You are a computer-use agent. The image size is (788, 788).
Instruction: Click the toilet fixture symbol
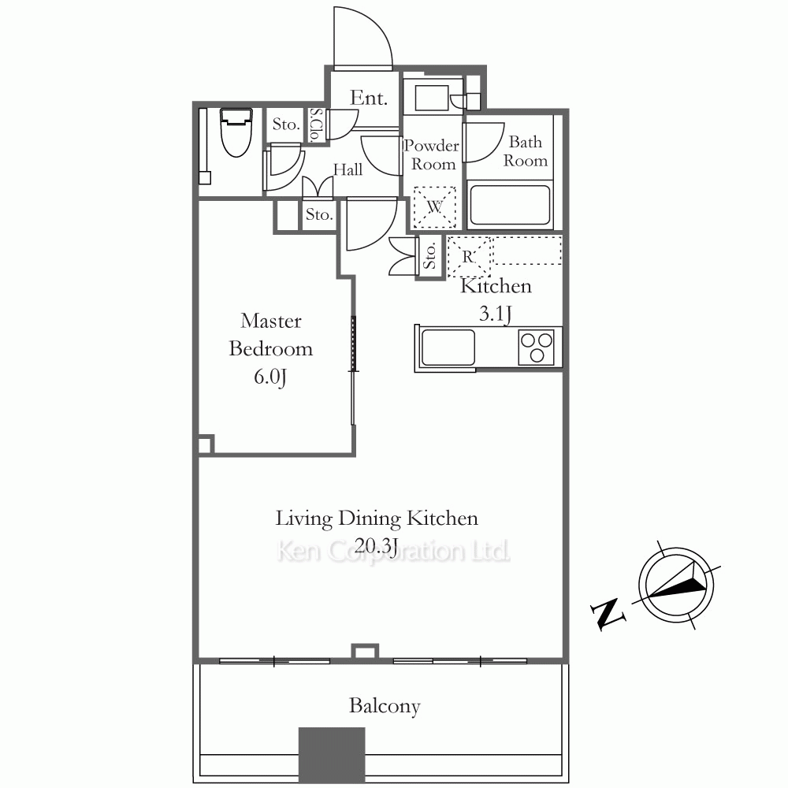[236, 132]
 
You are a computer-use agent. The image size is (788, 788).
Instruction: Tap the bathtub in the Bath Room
[510, 206]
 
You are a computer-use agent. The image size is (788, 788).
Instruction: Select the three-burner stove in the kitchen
[537, 347]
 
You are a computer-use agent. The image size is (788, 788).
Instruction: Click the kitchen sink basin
[448, 348]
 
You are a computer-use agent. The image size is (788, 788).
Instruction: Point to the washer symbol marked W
[434, 207]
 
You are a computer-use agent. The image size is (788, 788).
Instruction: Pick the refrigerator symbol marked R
[468, 257]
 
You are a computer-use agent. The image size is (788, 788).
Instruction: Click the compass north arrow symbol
[676, 585]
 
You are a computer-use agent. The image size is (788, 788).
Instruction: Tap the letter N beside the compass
[608, 613]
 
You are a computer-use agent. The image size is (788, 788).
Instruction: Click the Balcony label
[385, 706]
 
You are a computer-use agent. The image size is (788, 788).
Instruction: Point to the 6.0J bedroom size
[269, 377]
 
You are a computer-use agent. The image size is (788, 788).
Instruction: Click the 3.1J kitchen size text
[496, 314]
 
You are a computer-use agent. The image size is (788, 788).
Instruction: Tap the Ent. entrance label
[369, 98]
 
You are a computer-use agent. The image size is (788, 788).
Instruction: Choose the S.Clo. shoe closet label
[315, 125]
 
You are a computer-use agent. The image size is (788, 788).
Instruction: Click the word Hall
[348, 169]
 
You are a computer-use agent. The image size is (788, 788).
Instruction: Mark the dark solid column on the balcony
[332, 755]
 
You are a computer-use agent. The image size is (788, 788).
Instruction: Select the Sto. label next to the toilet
[285, 124]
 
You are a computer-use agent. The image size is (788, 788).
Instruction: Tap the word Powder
[431, 146]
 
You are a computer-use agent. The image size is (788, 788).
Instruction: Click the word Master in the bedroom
[271, 322]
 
